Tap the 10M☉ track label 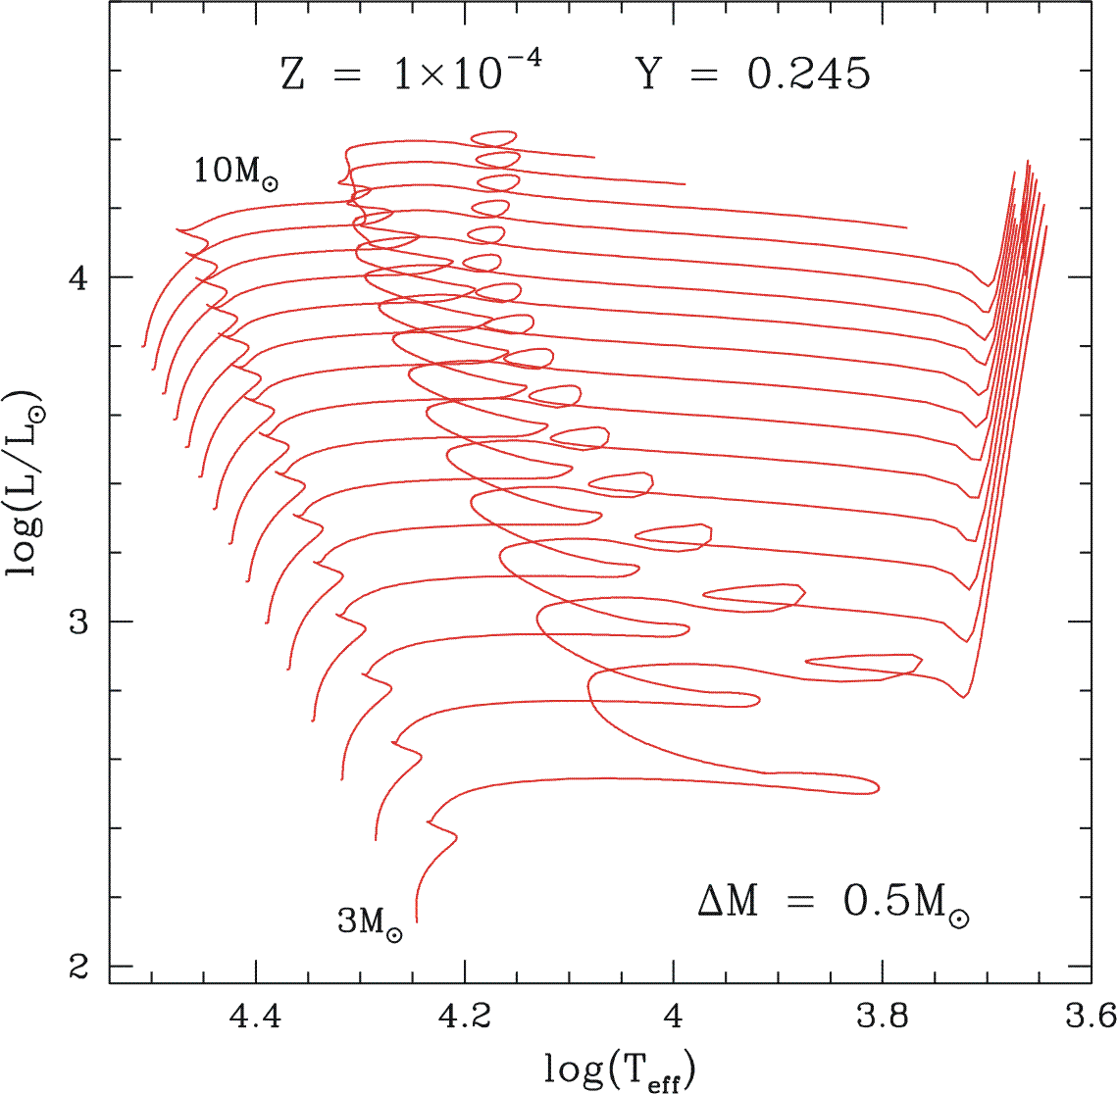click(x=235, y=172)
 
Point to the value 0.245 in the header click(x=808, y=75)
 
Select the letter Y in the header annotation click(x=648, y=75)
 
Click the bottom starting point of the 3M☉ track click(x=417, y=921)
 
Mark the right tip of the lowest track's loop click(x=879, y=787)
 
